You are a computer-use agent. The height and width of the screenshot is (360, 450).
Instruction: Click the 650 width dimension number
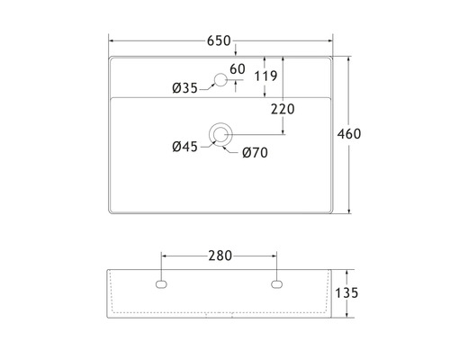(219, 40)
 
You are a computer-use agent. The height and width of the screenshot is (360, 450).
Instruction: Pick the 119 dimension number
(265, 76)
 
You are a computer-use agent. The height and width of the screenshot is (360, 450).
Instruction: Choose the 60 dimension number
(237, 69)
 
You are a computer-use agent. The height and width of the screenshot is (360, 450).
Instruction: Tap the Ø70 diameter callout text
(255, 152)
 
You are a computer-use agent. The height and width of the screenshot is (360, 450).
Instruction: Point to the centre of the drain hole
(220, 135)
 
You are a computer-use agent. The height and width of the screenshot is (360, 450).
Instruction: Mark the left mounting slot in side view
(162, 285)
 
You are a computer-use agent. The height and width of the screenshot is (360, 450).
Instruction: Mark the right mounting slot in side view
(276, 285)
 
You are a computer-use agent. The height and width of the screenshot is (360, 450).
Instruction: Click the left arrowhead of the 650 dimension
(112, 40)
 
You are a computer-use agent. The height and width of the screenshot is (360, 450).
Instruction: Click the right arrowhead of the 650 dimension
(329, 40)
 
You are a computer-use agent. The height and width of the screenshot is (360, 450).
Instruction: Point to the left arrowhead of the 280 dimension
(164, 256)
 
